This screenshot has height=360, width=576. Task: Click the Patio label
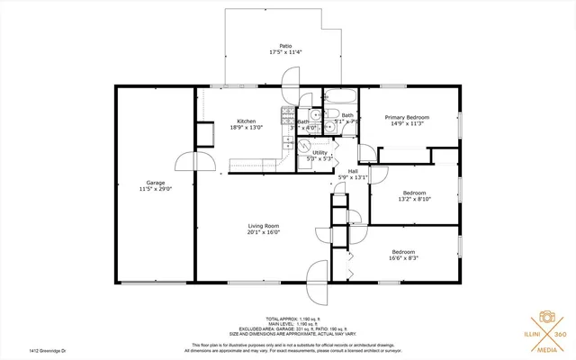(284, 45)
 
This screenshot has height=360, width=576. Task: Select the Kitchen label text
(246, 121)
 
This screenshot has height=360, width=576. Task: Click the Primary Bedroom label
(407, 117)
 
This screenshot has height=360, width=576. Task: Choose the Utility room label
(320, 152)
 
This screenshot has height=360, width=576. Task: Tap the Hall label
(353, 171)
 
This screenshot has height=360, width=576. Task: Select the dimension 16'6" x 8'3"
(404, 257)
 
